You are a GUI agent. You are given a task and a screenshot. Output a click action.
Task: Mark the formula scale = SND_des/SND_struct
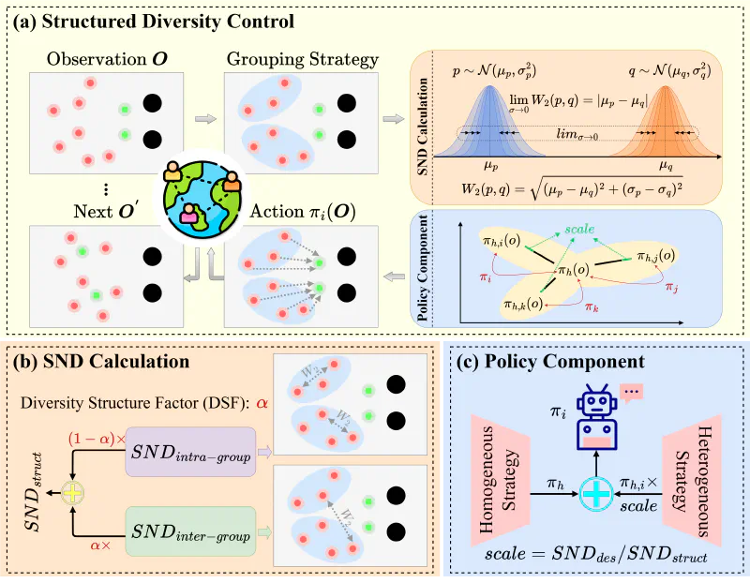coord(596,552)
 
